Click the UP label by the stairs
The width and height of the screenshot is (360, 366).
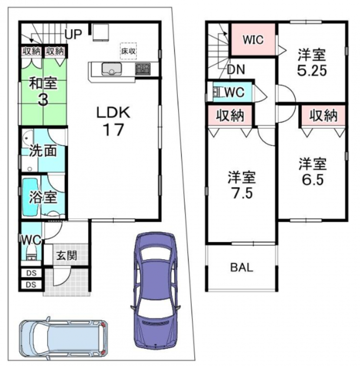73,34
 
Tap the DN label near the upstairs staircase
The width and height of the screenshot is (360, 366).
236,69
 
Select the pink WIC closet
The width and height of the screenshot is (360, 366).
253,40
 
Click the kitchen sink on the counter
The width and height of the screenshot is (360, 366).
112,69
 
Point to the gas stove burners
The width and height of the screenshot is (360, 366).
143,69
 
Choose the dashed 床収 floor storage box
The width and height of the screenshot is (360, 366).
128,51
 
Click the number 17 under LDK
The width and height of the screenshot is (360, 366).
113,130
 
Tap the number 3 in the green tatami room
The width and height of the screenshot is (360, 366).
43,100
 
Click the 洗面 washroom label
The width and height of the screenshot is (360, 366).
43,151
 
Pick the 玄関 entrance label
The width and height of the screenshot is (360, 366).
67,256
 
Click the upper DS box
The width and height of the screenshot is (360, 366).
31,273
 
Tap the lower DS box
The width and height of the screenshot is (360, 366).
31,285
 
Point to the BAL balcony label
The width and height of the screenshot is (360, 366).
242,267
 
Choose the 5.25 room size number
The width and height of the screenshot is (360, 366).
312,70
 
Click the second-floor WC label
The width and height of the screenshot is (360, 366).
234,92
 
